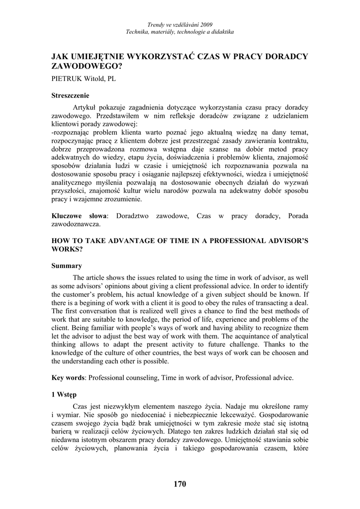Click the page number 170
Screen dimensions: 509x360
(x=180, y=484)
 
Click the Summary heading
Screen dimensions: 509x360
(x=67, y=266)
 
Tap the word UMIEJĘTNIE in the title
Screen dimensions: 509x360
(x=100, y=56)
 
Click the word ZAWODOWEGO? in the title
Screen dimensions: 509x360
(x=87, y=66)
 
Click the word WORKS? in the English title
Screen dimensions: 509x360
(x=67, y=249)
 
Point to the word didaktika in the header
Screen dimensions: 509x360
(x=221, y=32)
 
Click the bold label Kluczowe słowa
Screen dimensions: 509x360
(x=79, y=216)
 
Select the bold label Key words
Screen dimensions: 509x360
(x=68, y=377)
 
